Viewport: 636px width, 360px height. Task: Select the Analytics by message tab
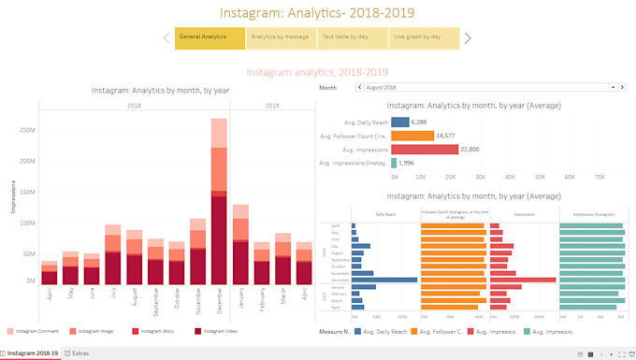(280, 38)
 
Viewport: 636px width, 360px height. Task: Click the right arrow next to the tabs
(468, 38)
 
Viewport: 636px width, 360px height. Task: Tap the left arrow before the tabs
(167, 38)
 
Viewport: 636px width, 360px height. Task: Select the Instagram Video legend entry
(219, 331)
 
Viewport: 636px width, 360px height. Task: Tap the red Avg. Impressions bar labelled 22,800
(425, 150)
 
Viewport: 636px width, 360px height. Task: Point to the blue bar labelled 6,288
(400, 122)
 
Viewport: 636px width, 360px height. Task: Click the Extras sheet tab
(79, 353)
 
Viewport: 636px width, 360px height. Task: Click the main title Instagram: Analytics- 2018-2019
(317, 13)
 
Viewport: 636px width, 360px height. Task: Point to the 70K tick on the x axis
(600, 177)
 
